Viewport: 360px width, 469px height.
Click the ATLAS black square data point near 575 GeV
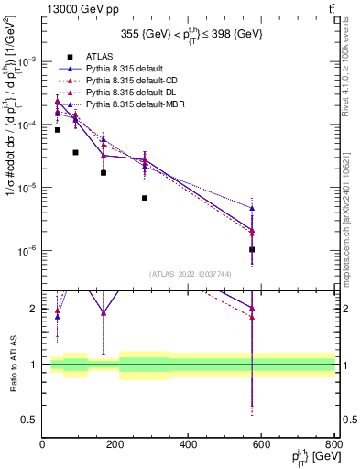pos(252,249)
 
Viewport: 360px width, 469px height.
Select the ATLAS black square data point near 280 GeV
pos(145,198)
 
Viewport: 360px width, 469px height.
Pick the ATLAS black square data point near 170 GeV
pos(104,172)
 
